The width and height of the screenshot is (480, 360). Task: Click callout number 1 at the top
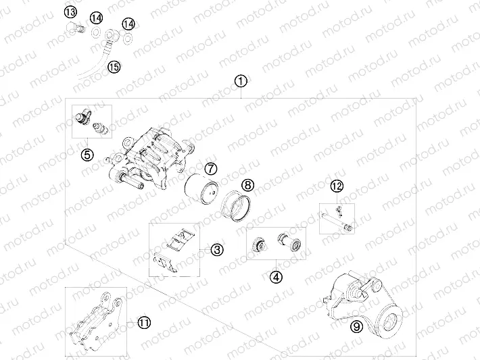pyautogui.click(x=241, y=80)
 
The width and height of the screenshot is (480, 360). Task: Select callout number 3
pyautogui.click(x=216, y=250)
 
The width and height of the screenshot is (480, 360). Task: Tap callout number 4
pyautogui.click(x=275, y=276)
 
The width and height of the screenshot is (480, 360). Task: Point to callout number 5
pyautogui.click(x=87, y=155)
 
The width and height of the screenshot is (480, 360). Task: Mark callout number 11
pyautogui.click(x=143, y=322)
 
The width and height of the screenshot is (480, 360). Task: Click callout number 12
pyautogui.click(x=337, y=186)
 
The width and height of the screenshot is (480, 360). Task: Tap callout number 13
pyautogui.click(x=71, y=11)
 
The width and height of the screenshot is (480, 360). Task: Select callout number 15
pyautogui.click(x=114, y=66)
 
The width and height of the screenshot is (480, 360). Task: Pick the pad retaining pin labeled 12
pyautogui.click(x=337, y=220)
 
